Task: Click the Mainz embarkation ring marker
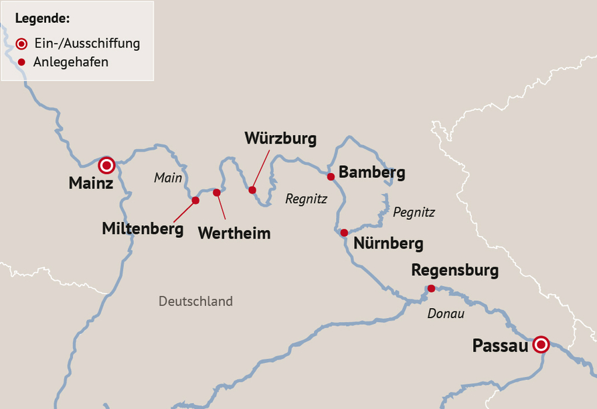click(x=106, y=164)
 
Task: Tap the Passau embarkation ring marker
click(x=541, y=345)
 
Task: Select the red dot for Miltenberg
click(x=195, y=200)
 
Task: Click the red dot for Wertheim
click(x=217, y=192)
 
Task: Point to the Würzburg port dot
click(x=252, y=190)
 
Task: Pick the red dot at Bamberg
click(x=331, y=176)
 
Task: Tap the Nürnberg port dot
click(x=344, y=233)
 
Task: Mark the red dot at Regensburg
click(x=431, y=289)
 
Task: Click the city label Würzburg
click(x=280, y=138)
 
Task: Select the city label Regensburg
click(x=454, y=271)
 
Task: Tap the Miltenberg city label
click(x=143, y=229)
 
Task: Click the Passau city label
click(x=501, y=346)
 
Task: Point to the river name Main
click(x=167, y=178)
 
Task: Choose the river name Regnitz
click(x=306, y=198)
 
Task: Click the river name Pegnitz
click(x=414, y=213)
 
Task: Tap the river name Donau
click(x=446, y=313)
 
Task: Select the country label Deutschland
click(x=195, y=301)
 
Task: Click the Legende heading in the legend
click(x=42, y=18)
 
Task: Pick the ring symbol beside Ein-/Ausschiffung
click(x=21, y=44)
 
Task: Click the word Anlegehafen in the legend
click(x=70, y=62)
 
